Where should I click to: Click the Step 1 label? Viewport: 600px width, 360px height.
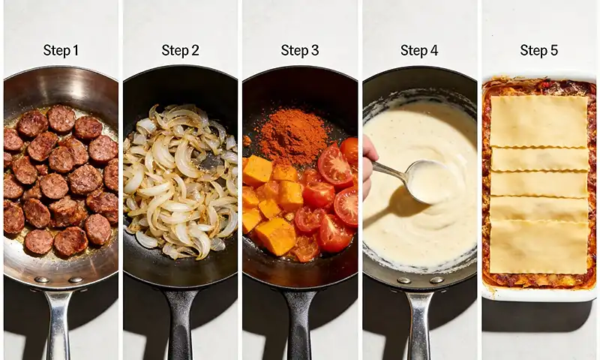click(x=61, y=50)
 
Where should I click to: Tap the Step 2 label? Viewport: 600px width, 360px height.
click(x=180, y=50)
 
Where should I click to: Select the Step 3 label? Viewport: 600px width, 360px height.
click(x=299, y=50)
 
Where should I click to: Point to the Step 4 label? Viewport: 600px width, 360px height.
click(x=419, y=50)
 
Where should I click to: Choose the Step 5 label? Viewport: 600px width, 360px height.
click(x=538, y=50)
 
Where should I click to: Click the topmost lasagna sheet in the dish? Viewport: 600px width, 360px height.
click(x=538, y=121)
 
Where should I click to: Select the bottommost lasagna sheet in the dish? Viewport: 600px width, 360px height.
click(x=539, y=247)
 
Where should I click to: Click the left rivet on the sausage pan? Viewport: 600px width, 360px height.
click(x=41, y=279)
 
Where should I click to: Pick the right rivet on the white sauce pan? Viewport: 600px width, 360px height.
click(x=436, y=280)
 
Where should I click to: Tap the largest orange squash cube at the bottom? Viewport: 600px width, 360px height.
click(x=276, y=235)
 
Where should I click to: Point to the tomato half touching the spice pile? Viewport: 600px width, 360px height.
click(x=335, y=165)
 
